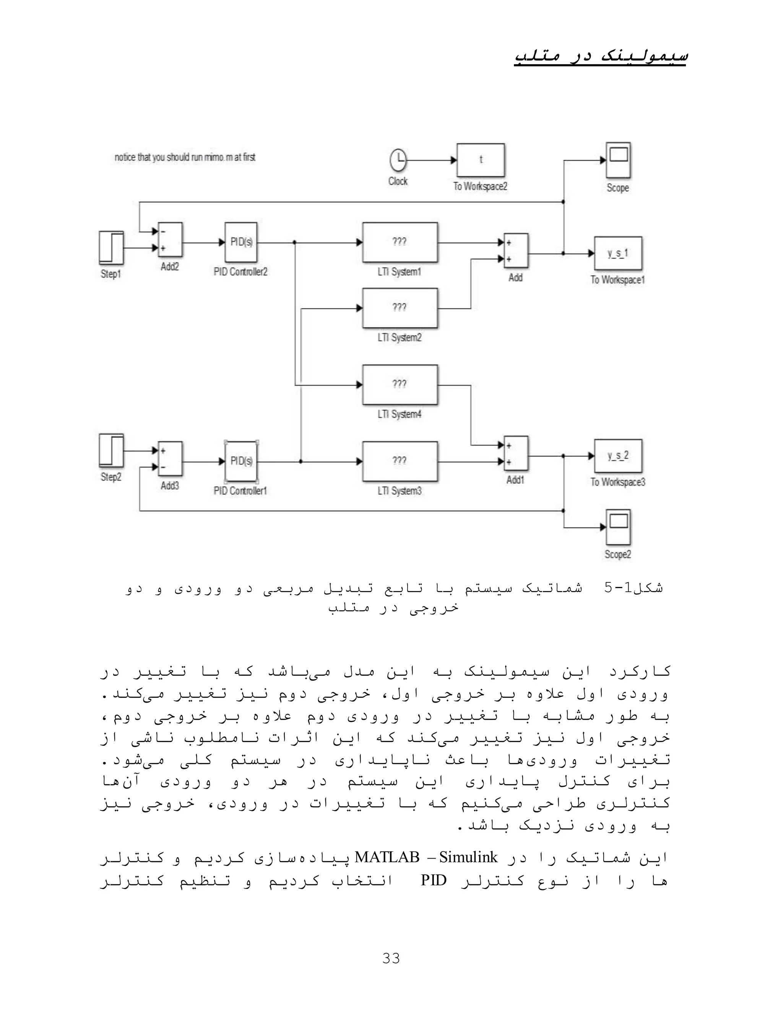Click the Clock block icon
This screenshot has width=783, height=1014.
(398, 160)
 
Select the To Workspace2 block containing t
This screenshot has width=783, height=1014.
(481, 160)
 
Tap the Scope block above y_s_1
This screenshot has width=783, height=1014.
(618, 160)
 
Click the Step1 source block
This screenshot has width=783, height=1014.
(111, 248)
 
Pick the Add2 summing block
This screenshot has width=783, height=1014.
(170, 240)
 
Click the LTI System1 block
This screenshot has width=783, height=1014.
(400, 242)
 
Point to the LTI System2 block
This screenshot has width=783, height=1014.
(400, 308)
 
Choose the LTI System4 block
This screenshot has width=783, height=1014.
(400, 385)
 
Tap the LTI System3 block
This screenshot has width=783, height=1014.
(400, 461)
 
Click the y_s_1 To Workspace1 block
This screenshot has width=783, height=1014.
(618, 253)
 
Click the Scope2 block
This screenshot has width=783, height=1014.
(618, 527)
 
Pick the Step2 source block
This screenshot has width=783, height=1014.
(111, 450)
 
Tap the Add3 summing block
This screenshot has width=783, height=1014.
(170, 459)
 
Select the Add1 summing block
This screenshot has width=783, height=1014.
(516, 453)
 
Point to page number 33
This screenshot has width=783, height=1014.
(391, 958)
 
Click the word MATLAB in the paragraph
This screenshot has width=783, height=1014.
(387, 857)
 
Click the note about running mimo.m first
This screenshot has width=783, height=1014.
(185, 157)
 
